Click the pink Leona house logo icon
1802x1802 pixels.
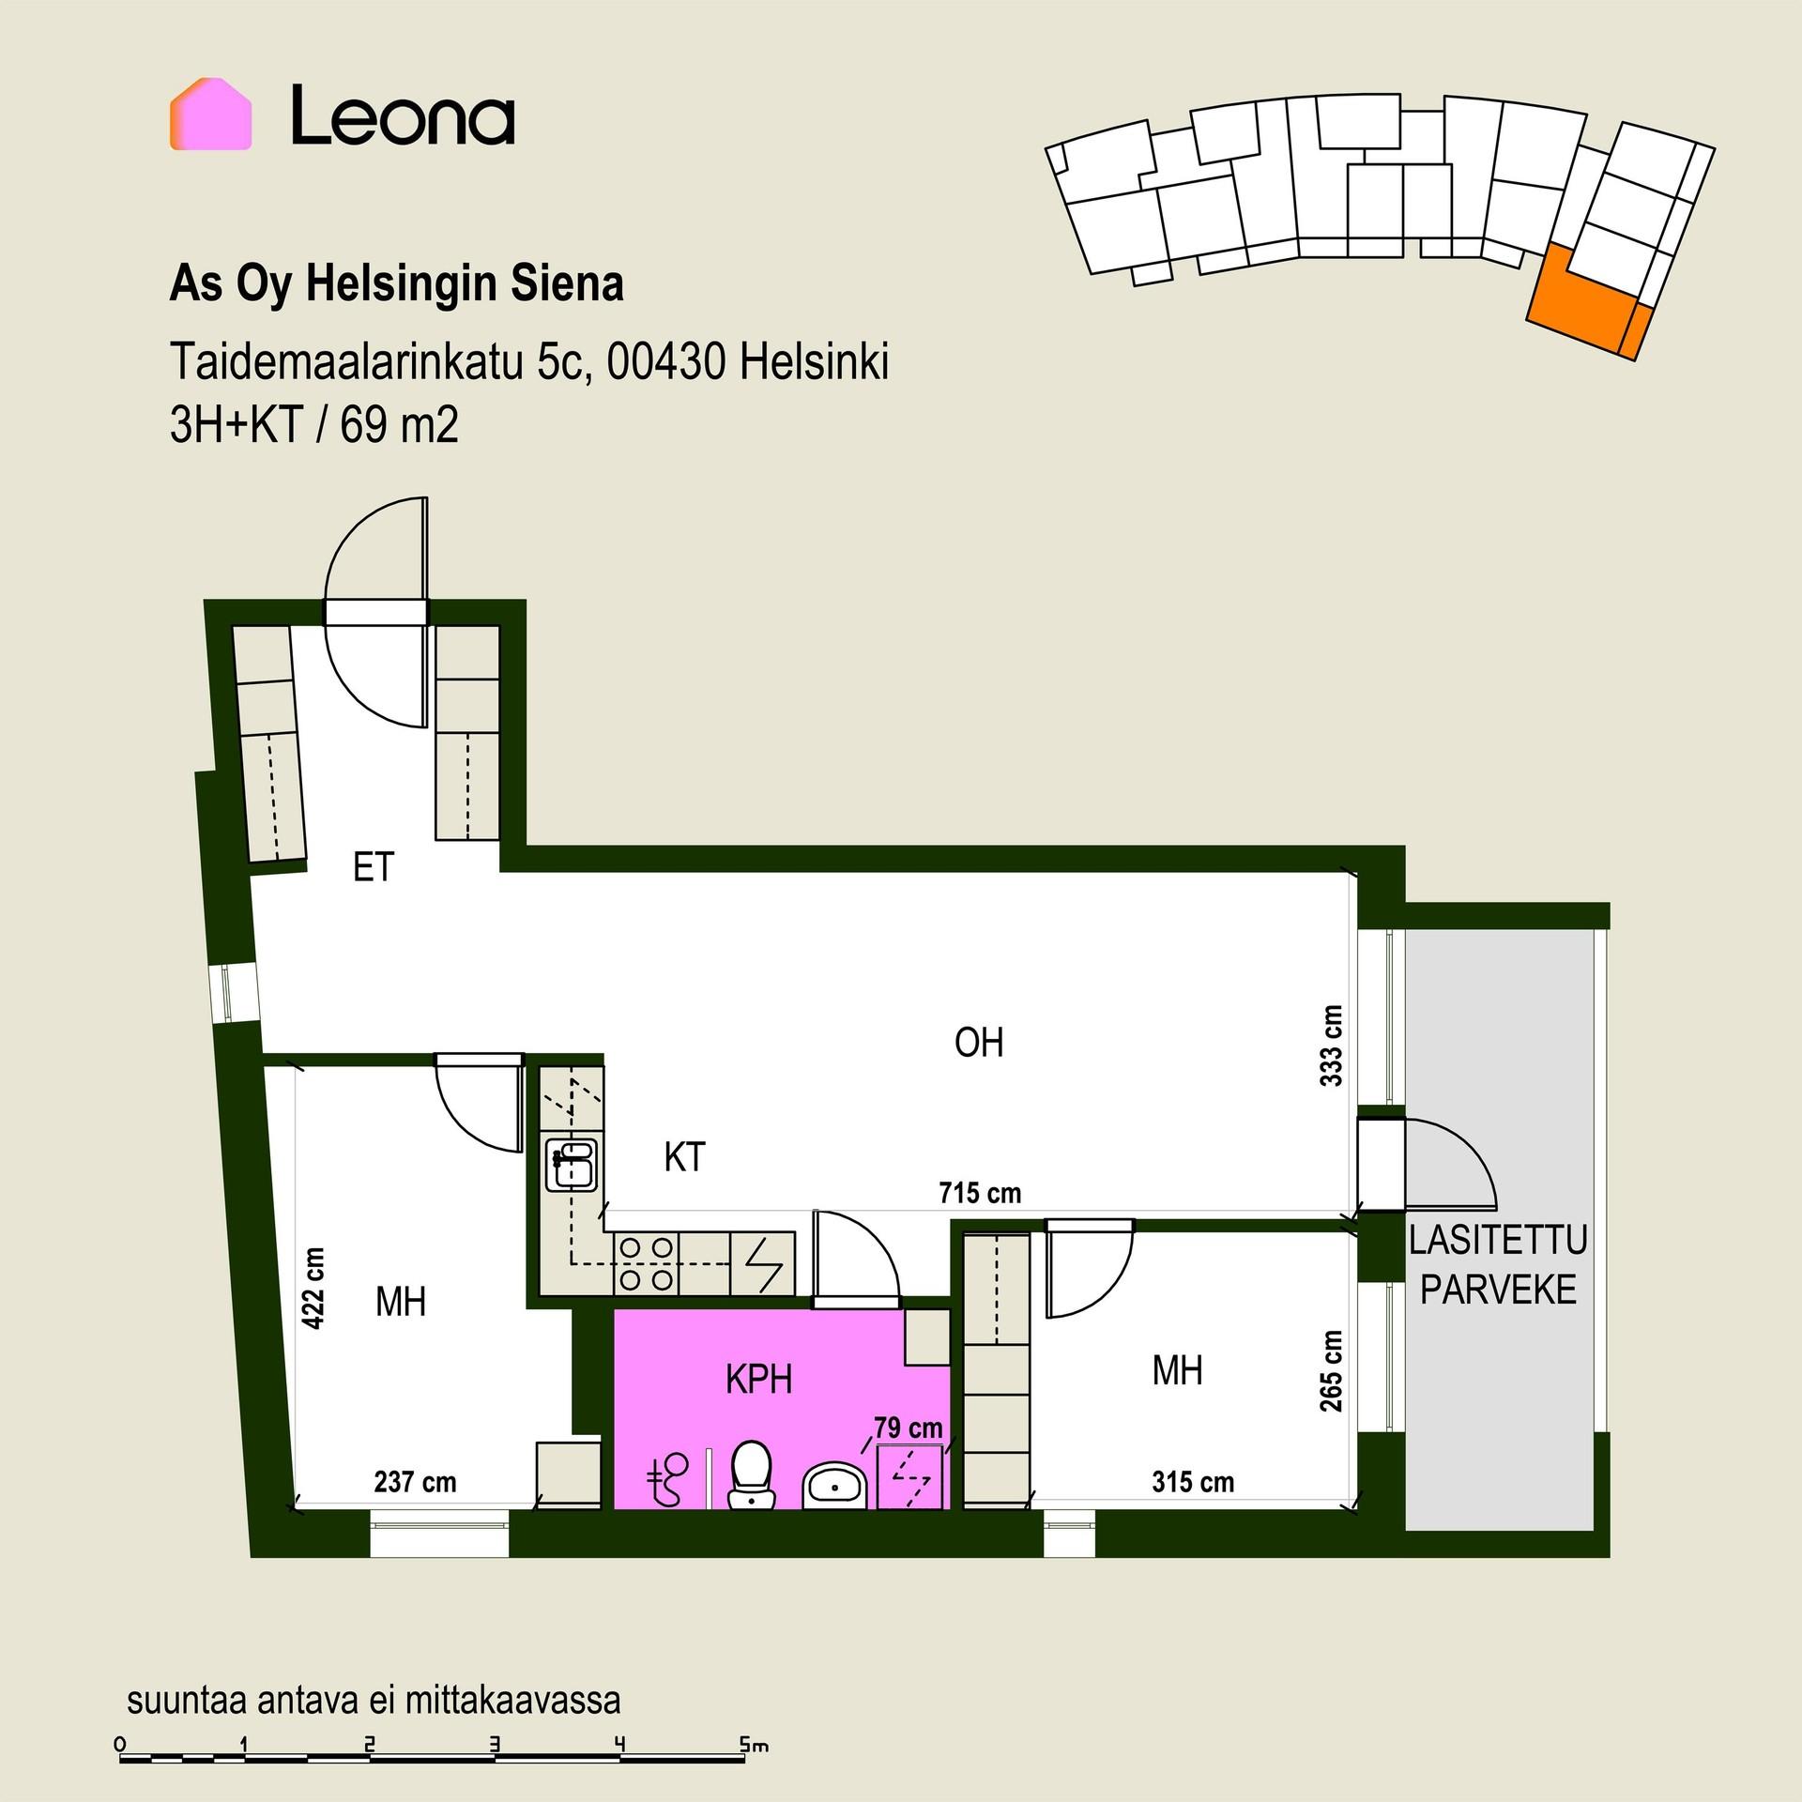click(210, 114)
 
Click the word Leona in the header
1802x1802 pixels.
click(403, 115)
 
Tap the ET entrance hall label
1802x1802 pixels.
click(373, 867)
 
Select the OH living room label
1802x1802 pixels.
click(979, 1043)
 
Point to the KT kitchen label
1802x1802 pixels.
click(684, 1157)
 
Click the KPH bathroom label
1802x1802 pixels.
click(759, 1380)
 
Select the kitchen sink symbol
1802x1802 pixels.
click(571, 1164)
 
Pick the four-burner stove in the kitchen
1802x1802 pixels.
click(647, 1263)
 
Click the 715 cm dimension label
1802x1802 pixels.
click(980, 1193)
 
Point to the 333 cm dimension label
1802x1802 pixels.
click(1331, 1046)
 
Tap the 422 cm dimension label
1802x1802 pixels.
click(313, 1289)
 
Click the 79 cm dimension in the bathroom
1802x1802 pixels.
click(909, 1428)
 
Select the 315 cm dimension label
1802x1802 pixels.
click(1193, 1482)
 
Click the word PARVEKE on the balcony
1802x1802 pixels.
click(1498, 1290)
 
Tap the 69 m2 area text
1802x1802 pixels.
click(400, 427)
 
